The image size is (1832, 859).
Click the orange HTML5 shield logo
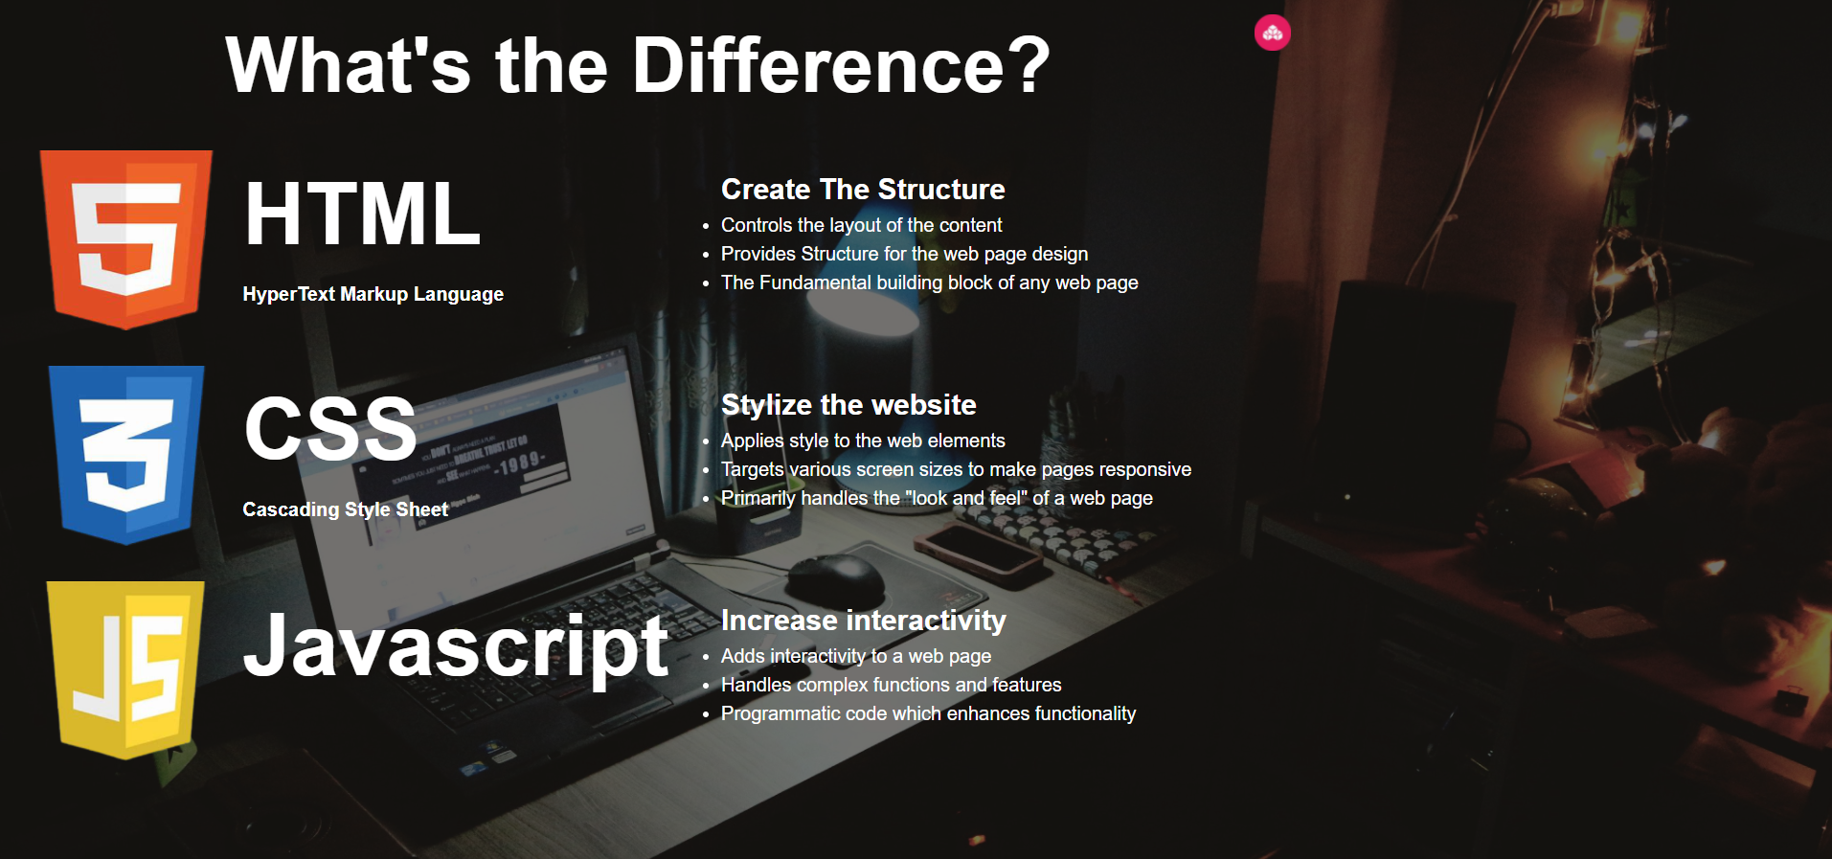[x=125, y=239]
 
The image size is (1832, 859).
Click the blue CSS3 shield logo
[x=126, y=455]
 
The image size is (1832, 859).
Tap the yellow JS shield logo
[x=125, y=670]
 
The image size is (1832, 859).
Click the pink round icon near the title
[x=1273, y=33]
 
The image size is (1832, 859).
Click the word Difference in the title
[x=842, y=65]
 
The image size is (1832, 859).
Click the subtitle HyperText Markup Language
[x=373, y=294]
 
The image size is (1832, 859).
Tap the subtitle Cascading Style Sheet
[x=345, y=509]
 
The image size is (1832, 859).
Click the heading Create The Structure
[x=863, y=189]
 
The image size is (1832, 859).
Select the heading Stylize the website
[x=848, y=405]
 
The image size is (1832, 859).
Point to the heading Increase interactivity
[x=863, y=621]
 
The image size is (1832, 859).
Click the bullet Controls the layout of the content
[x=861, y=225]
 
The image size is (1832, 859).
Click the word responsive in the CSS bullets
[x=1144, y=470]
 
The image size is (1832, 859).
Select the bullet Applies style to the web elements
[x=863, y=441]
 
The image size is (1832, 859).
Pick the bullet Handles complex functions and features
[x=891, y=685]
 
